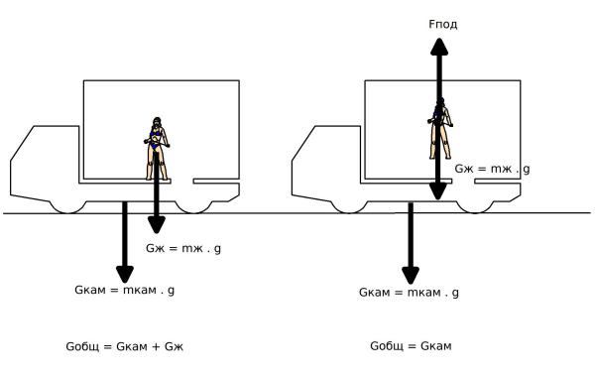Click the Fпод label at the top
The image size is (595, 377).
[x=443, y=24]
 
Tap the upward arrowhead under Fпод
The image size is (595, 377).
[x=439, y=47]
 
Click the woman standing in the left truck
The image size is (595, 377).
[x=157, y=149]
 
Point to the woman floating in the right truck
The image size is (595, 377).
[x=440, y=128]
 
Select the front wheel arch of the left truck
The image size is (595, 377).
[x=68, y=208]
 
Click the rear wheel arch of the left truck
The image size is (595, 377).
[x=193, y=208]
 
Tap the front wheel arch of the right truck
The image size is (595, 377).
[x=350, y=208]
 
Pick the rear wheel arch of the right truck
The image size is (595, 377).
[x=475, y=208]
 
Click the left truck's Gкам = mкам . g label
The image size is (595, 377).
[x=125, y=290]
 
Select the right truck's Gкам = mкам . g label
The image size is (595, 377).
[x=409, y=293]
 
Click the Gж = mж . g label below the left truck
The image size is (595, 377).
[x=183, y=249]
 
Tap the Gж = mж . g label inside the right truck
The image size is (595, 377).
[x=492, y=169]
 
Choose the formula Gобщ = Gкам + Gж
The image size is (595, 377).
[x=125, y=346]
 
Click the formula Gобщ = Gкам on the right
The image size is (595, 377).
[x=411, y=346]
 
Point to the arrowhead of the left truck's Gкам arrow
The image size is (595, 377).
[x=125, y=275]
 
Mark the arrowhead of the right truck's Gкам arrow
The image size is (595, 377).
[x=411, y=276]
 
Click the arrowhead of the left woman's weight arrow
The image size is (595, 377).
[x=157, y=225]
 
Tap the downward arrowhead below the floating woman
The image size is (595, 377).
[x=438, y=190]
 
